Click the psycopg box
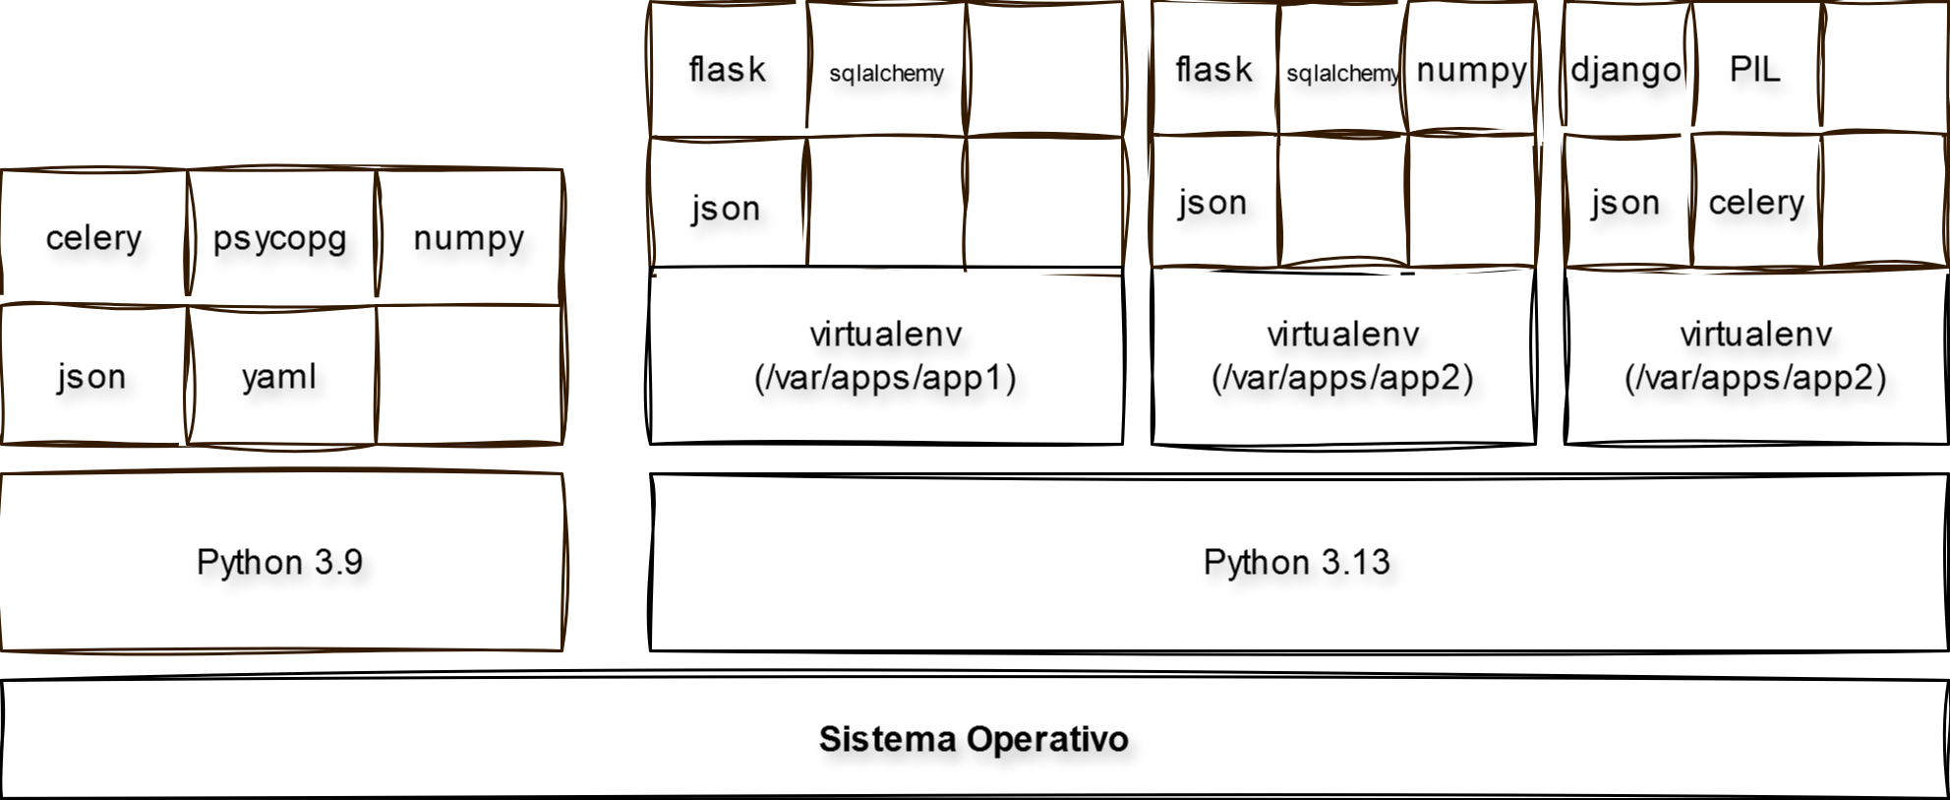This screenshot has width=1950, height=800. [280, 238]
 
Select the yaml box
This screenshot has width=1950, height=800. [280, 377]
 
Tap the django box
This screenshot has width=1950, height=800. [1626, 70]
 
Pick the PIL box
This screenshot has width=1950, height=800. [1755, 70]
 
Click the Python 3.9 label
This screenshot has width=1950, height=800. [280, 562]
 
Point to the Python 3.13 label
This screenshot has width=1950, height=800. [1296, 562]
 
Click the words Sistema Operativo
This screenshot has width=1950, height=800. [974, 739]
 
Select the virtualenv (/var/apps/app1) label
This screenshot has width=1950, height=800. [885, 356]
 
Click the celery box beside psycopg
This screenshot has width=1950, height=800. [93, 238]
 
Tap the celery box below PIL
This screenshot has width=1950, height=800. [1756, 203]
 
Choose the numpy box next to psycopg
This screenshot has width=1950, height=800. [469, 238]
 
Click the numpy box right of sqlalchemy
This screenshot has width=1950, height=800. [1470, 70]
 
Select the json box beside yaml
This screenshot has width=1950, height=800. [91, 377]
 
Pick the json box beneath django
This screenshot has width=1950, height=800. [1625, 203]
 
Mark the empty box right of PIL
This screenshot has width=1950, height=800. [1883, 67]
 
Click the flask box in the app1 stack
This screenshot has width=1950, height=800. [728, 70]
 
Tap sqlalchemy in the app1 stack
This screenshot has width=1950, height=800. [886, 73]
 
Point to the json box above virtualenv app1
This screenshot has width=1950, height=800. [726, 208]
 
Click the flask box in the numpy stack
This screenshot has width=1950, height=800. [1213, 70]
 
